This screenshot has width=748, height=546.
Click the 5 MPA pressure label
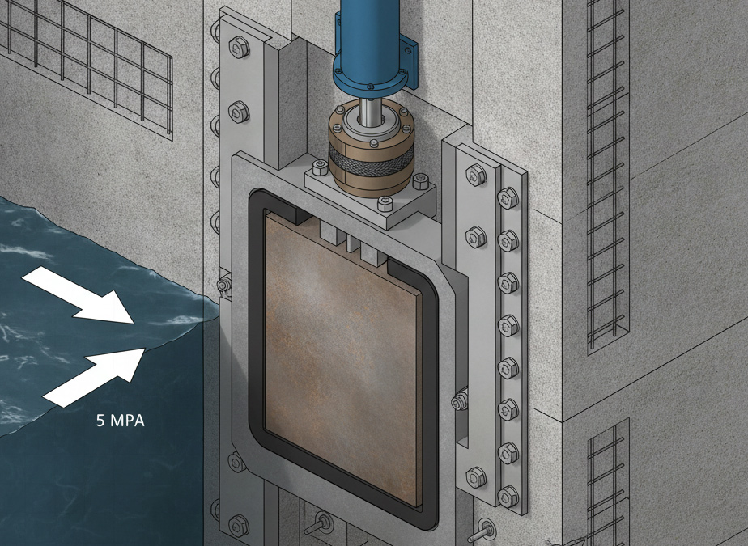click(120, 421)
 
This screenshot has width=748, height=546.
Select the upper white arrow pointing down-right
click(79, 294)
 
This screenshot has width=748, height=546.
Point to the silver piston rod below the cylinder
click(368, 112)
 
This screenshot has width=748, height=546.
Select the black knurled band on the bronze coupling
click(371, 159)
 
